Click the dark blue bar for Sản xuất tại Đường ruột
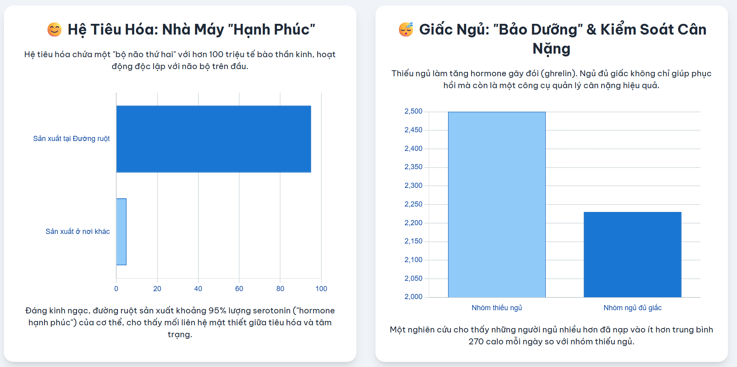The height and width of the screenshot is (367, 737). click(214, 139)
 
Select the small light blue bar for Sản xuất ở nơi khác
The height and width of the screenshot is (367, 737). click(121, 232)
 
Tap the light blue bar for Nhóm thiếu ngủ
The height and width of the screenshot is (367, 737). click(496, 205)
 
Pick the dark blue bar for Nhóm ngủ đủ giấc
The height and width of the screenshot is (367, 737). click(632, 255)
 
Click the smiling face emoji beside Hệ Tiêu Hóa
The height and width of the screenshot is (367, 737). click(54, 30)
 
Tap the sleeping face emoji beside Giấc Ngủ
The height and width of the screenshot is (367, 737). click(406, 30)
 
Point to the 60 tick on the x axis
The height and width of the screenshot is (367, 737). click(239, 289)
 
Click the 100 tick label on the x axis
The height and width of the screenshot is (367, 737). click(321, 289)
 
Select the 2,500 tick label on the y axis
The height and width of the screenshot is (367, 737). click(413, 111)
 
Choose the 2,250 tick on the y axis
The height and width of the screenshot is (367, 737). click(413, 204)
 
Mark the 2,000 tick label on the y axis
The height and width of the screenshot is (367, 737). click(413, 297)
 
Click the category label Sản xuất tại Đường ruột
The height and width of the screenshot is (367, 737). click(71, 139)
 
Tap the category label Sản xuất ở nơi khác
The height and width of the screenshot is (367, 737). click(78, 232)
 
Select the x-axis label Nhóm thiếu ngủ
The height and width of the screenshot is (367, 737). click(496, 308)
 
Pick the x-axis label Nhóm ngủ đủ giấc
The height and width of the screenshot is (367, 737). click(632, 308)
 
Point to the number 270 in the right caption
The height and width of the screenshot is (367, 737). click(476, 342)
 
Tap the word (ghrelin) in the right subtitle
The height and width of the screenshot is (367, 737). click(559, 73)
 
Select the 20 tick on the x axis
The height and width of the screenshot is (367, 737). click(157, 289)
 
